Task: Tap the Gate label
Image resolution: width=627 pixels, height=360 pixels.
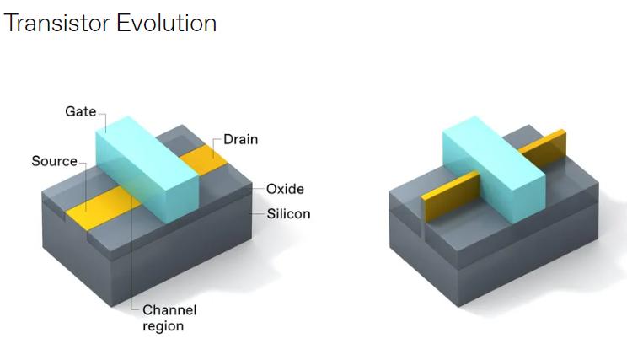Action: pyautogui.click(x=80, y=111)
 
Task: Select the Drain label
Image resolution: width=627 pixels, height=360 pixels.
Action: pyautogui.click(x=240, y=139)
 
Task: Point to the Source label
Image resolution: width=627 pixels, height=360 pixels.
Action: pyautogui.click(x=54, y=161)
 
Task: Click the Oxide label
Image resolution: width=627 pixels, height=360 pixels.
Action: pyautogui.click(x=285, y=189)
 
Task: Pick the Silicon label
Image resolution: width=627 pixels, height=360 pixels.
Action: pyautogui.click(x=288, y=214)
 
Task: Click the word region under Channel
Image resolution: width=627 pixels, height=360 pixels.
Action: pyautogui.click(x=163, y=326)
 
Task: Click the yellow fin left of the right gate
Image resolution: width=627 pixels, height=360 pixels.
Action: pyautogui.click(x=451, y=196)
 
